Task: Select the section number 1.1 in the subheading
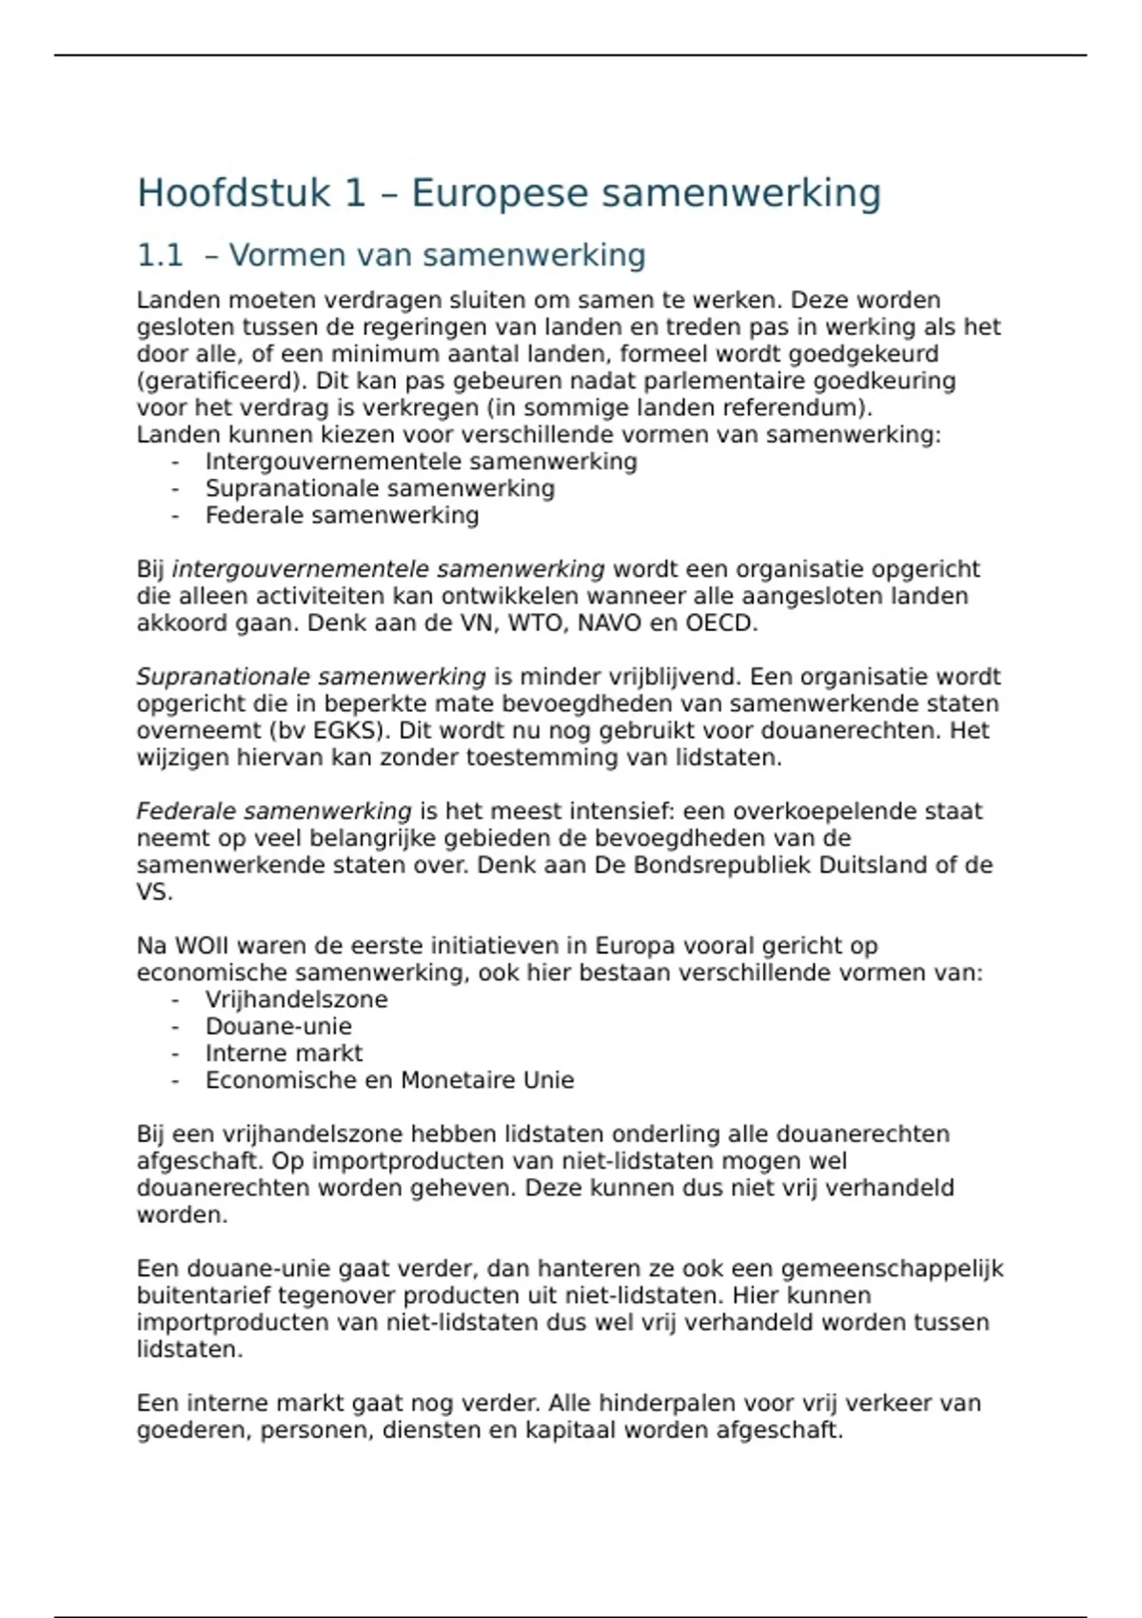click(159, 255)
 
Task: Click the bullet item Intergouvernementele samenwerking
click(421, 462)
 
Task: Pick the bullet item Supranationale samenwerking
click(380, 488)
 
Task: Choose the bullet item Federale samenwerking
click(342, 515)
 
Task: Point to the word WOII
click(196, 946)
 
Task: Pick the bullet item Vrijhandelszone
click(296, 999)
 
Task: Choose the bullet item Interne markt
click(284, 1053)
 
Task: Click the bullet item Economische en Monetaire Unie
click(389, 1080)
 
